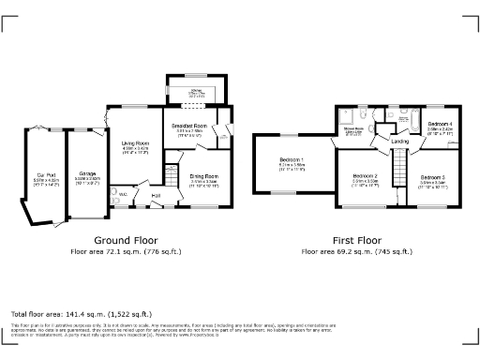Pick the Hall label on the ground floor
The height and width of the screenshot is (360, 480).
click(157, 195)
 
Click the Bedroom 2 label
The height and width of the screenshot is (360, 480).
click(365, 177)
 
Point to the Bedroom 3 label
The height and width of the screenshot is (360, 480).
click(432, 177)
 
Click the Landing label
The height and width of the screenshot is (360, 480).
click(399, 142)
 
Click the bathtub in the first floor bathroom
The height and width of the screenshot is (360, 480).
click(412, 120)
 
